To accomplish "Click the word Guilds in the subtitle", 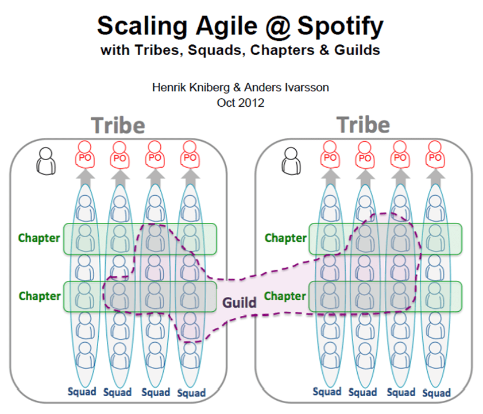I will pos(360,50).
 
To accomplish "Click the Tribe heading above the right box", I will pos(363,125).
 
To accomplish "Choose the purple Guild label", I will pos(240,302).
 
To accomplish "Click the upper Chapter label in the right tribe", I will pos(285,237).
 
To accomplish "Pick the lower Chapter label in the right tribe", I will pos(285,296).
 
